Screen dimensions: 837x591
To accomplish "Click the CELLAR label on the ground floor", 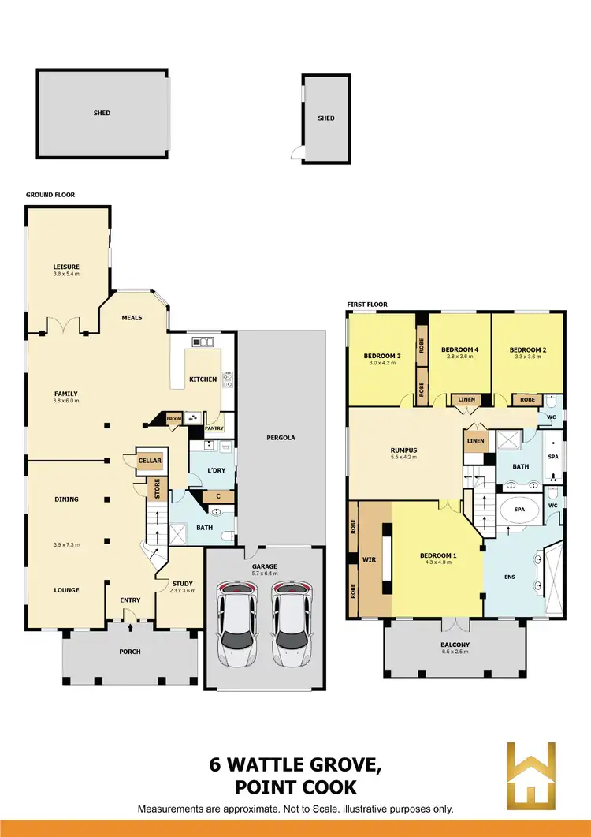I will click(150, 461).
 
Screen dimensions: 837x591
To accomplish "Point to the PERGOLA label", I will click(281, 437).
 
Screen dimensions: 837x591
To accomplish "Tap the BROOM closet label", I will click(173, 419).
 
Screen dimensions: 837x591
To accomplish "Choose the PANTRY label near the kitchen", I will click(214, 428).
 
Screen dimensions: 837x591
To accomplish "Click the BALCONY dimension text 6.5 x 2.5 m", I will click(455, 652).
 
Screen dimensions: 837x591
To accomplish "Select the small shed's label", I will click(326, 118).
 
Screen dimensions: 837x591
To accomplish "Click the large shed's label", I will click(102, 113).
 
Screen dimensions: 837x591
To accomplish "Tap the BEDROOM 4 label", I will click(459, 349).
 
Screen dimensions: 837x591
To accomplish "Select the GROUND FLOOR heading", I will click(50, 195).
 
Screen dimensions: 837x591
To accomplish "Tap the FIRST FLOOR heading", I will click(367, 305).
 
